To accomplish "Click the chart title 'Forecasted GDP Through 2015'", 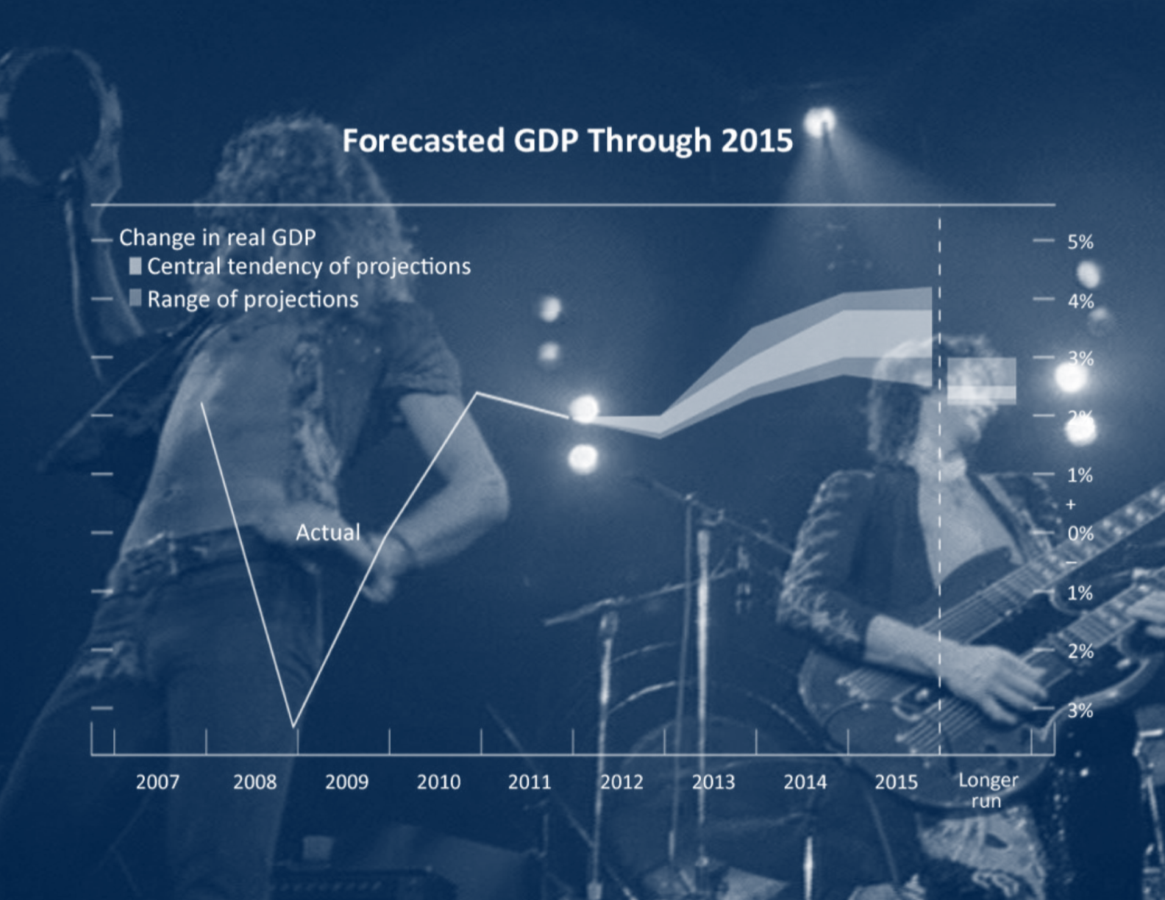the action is coord(567,140).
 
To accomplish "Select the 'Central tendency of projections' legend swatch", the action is coord(135,266).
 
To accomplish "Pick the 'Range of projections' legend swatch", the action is coord(135,299).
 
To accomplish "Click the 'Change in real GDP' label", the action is coord(217,238).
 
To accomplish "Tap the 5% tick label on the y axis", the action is coord(1080,243).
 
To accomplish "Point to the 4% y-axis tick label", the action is coord(1080,301).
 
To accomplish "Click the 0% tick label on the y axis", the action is coord(1080,534).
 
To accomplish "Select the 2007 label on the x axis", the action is coord(157,782).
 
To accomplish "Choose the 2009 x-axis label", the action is coord(347,782).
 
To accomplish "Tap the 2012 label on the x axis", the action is coord(621,782).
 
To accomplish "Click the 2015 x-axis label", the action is coord(897,782).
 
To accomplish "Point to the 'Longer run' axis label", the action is coord(988,790).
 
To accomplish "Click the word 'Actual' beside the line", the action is coord(328,533).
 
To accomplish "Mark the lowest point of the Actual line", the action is coord(293,727).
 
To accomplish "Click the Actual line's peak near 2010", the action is coord(477,393).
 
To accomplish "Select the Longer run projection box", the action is coord(982,381).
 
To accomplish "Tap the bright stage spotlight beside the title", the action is coord(820,121).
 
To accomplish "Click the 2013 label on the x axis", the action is coord(713,782).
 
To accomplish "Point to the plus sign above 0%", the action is coord(1071,504).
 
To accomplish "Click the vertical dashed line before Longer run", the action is coord(940,480).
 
